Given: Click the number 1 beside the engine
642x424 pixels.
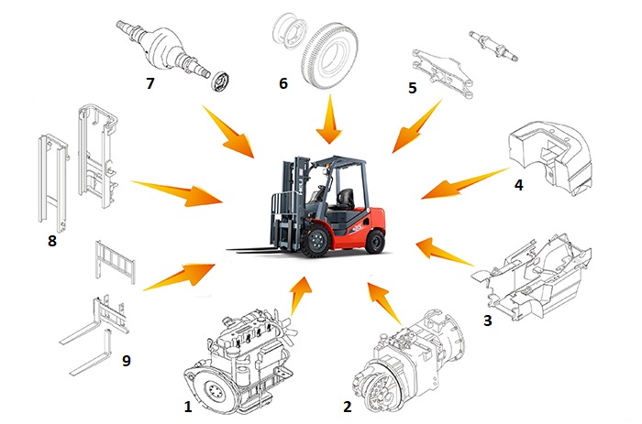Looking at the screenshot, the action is pos(188,407).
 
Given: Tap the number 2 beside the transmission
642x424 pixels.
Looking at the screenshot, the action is pos(348,407).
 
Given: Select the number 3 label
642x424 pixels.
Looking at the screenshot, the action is pos(487,321).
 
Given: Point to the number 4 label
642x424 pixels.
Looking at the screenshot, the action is pos(518,185).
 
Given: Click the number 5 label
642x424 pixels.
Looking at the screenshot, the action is pos(413,88).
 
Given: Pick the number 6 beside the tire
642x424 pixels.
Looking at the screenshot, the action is pos(283,83).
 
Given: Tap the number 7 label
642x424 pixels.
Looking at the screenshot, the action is pos(149,83).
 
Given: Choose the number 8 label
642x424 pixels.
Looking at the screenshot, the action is pos(52,241).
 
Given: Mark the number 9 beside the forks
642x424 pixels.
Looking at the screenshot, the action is pos(127,361).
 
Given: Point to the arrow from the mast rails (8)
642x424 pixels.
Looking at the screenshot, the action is pos(177,192).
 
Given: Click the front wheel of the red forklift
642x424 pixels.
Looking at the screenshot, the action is pos(315,241).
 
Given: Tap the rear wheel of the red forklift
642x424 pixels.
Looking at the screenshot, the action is pos(374,241).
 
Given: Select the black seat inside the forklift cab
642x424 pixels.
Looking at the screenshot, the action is pos(346,199).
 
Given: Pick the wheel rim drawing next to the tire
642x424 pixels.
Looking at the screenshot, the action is pos(289,34).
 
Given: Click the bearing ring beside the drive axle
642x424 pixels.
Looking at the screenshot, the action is pos(220,81).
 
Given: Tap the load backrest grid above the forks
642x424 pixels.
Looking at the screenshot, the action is pos(115,262).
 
